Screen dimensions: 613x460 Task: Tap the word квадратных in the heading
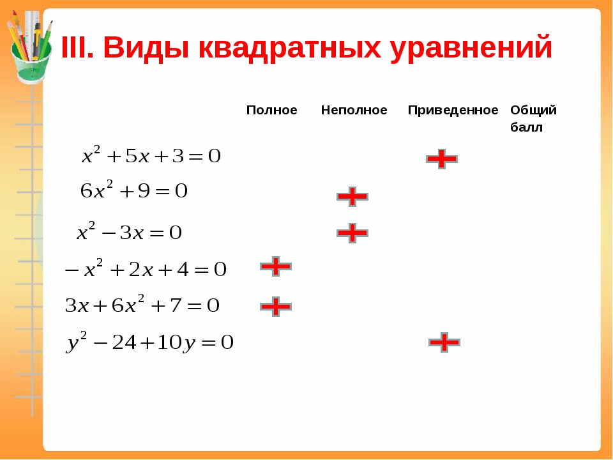[290, 49]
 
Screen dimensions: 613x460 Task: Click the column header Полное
[272, 110]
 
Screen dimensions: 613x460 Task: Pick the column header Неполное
[354, 110]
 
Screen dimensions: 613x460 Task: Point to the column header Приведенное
[453, 111]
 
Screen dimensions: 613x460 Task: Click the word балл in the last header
[526, 128]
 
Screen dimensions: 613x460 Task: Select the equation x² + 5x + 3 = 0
[151, 155]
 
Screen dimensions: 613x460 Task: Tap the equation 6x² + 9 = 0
[134, 190]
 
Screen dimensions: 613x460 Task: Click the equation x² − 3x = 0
[129, 231]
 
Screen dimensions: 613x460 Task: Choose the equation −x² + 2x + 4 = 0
[146, 268]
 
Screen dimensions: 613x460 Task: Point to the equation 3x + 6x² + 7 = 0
[142, 304]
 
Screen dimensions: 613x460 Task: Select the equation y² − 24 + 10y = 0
[149, 342]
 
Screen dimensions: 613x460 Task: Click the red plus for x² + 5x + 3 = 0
[442, 159]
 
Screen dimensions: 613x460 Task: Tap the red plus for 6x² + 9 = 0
[352, 196]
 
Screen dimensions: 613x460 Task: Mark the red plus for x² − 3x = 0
[352, 233]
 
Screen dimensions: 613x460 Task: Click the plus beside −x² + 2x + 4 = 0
[276, 266]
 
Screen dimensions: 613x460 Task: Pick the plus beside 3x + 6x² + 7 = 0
[276, 306]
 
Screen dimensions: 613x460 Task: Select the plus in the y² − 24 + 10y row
[444, 342]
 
